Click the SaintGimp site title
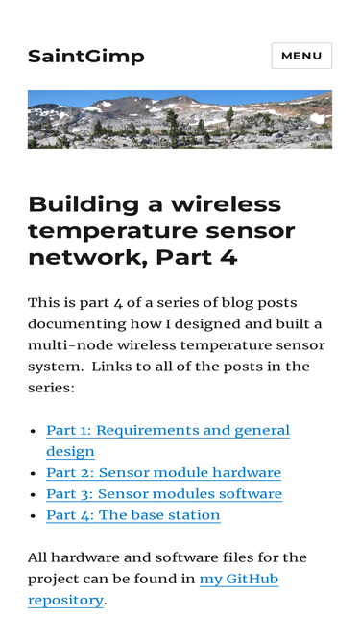86,57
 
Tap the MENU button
301,56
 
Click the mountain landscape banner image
180,119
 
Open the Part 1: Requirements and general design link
168,440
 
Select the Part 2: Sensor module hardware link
163,473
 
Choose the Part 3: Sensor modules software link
164,494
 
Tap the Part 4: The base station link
133,515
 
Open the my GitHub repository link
153,589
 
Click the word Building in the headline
84,204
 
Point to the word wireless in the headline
227,204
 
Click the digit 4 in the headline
230,257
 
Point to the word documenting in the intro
77,324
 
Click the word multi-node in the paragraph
70,345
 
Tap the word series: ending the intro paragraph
51,388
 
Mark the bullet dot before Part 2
35,473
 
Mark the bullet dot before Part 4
35,516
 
